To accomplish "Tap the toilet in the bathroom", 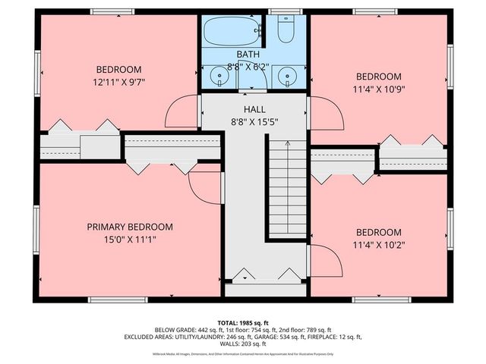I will [x=286, y=31].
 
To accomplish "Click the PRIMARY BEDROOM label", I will [x=129, y=227].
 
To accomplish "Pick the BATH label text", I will [x=248, y=55].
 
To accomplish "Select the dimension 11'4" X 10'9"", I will [x=378, y=89].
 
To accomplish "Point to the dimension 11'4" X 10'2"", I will [x=378, y=245].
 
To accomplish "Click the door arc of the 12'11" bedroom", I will [x=182, y=113].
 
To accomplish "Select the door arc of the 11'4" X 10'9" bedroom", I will [x=325, y=114].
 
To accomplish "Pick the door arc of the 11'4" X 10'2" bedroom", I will [x=325, y=261].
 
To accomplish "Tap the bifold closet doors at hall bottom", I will [x=267, y=275].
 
